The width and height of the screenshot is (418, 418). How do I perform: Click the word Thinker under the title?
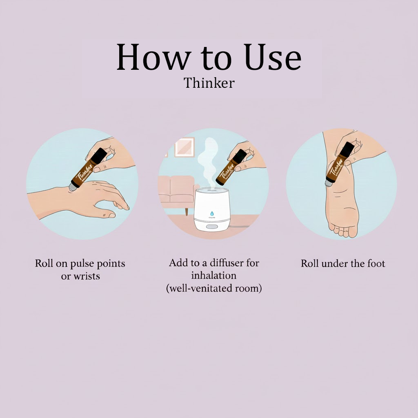[209, 83]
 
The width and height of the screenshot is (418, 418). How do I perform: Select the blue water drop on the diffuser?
[212, 213]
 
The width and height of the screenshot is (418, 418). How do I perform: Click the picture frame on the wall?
[185, 147]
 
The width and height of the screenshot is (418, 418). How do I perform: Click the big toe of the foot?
[353, 232]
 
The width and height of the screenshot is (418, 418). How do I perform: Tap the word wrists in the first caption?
[87, 276]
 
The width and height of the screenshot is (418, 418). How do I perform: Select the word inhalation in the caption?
[213, 276]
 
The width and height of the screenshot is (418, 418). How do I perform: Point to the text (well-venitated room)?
[213, 288]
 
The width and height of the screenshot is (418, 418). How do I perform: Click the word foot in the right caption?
[376, 264]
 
